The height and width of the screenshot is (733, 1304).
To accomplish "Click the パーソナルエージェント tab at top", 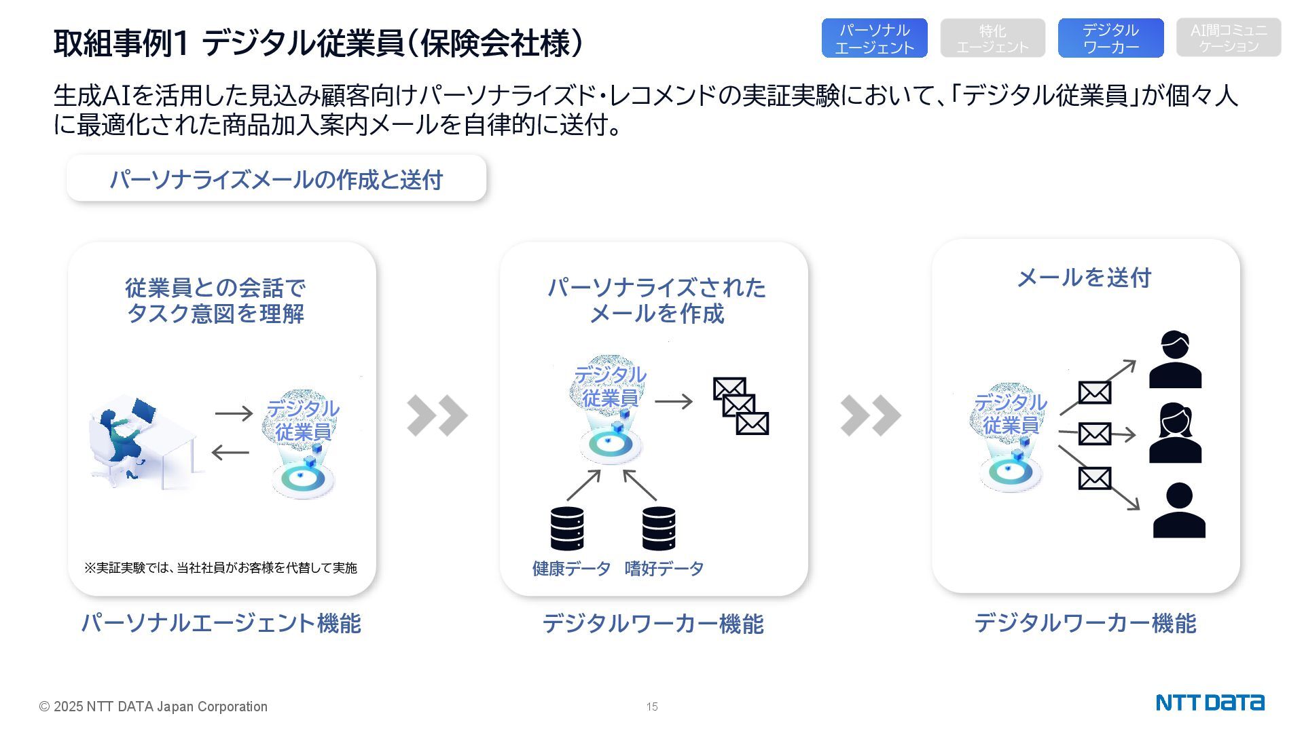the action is pyautogui.click(x=874, y=39).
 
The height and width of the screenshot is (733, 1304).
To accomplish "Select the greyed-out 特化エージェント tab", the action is pyautogui.click(x=992, y=39).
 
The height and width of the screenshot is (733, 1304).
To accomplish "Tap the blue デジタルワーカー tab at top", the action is pyautogui.click(x=1110, y=39).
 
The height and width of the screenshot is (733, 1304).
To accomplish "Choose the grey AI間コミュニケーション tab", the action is pyautogui.click(x=1229, y=38).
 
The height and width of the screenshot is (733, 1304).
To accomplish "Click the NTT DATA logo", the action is pyautogui.click(x=1210, y=702).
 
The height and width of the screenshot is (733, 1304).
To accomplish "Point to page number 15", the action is pyautogui.click(x=652, y=707).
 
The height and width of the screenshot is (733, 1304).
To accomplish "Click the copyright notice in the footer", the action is pyautogui.click(x=153, y=707).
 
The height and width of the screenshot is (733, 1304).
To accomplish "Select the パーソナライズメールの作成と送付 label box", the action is pyautogui.click(x=276, y=179).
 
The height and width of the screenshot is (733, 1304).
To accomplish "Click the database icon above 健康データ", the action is pyautogui.click(x=567, y=528).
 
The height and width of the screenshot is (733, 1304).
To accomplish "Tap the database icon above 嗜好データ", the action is pyautogui.click(x=659, y=528).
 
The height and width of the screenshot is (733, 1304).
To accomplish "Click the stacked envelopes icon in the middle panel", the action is pyautogui.click(x=740, y=406).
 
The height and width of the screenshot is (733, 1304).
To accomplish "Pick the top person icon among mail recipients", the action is pyautogui.click(x=1175, y=360).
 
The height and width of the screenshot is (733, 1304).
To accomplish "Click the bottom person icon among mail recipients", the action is pyautogui.click(x=1179, y=510).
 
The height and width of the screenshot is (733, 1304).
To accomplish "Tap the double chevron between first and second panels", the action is pyautogui.click(x=437, y=415).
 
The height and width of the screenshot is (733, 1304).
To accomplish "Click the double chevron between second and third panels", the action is pyautogui.click(x=870, y=415).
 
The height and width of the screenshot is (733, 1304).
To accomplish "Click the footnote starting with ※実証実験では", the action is pyautogui.click(x=221, y=568).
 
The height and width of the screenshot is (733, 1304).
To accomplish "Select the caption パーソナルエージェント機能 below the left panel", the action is pyautogui.click(x=221, y=623).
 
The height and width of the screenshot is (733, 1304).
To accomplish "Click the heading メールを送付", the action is pyautogui.click(x=1084, y=278).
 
